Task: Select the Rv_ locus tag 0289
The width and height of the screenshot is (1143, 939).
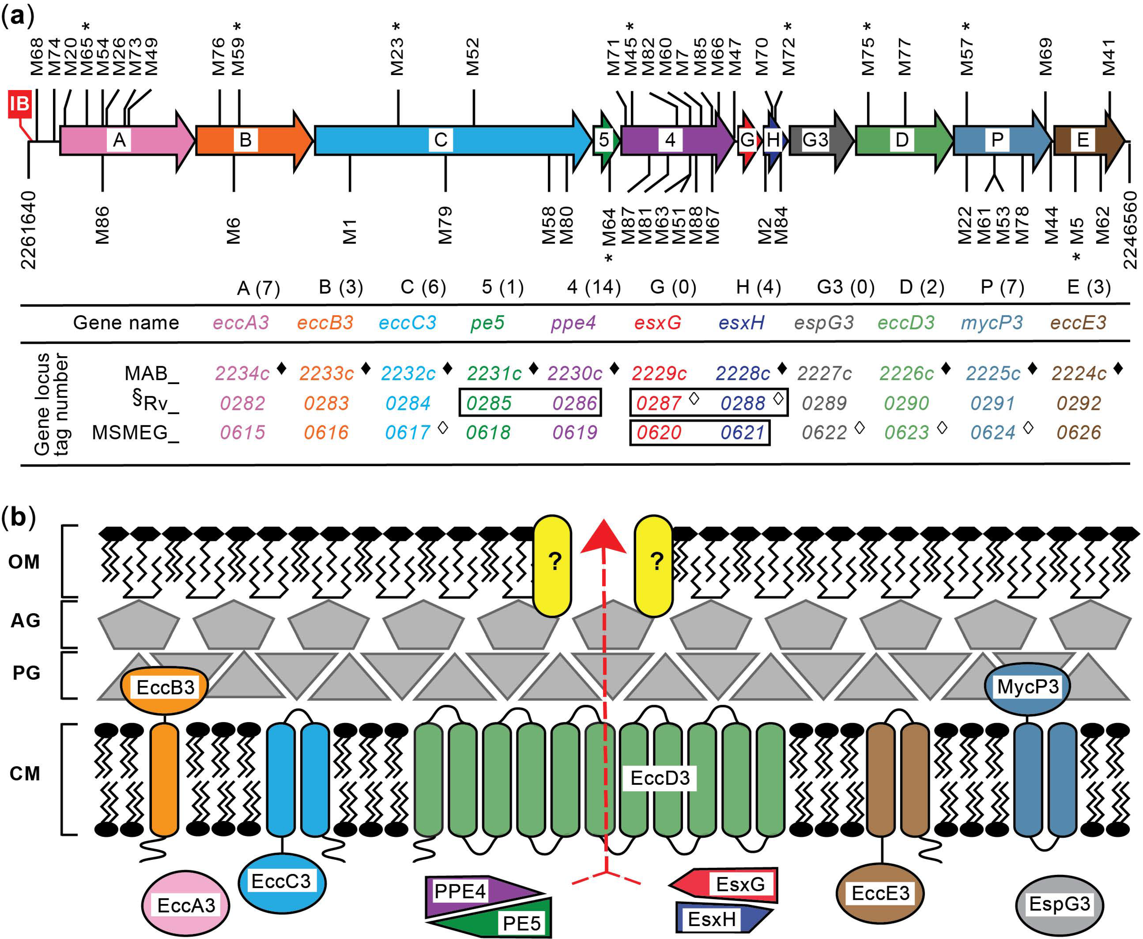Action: tap(823, 403)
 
